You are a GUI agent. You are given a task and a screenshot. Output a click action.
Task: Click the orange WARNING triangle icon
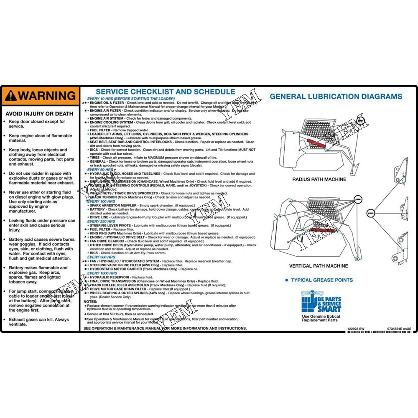11,96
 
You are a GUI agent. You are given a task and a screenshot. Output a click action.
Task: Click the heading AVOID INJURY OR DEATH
39,114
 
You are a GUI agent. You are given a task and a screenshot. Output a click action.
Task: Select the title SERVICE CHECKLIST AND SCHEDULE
166,92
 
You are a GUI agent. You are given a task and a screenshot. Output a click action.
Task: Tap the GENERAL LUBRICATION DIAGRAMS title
336,96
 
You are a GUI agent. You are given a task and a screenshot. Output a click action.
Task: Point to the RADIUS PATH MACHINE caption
319,179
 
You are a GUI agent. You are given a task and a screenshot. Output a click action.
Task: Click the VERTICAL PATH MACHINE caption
319,266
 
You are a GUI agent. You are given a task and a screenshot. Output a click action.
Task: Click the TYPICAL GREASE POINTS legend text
321,280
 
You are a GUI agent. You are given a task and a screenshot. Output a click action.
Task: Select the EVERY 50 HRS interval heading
100,170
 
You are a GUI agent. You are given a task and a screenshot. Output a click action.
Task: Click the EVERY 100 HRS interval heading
101,201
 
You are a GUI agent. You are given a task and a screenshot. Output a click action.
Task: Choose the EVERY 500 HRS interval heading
101,257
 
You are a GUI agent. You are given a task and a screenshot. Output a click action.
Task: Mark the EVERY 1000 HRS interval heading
102,273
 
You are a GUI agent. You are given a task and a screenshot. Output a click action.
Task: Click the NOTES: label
90,301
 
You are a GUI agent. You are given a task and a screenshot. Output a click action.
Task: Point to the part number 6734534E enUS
399,329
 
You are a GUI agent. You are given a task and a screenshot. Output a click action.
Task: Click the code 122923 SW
356,329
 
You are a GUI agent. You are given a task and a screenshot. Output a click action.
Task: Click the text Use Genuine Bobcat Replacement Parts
321,318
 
